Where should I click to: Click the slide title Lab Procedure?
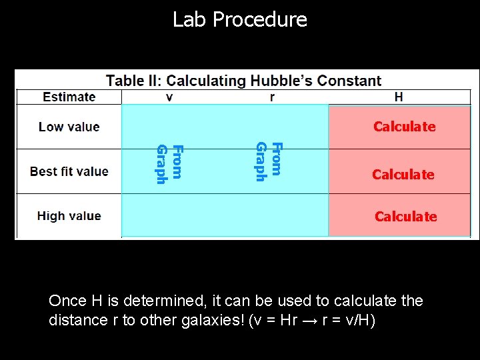[240, 19]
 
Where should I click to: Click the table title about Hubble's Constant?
[243, 81]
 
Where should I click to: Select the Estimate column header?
[69, 97]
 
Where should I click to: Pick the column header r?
[272, 97]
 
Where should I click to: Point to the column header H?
[399, 97]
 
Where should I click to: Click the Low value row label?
[69, 127]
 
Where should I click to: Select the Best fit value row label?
[69, 171]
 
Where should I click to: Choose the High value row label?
[69, 216]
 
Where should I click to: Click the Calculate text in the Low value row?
[404, 127]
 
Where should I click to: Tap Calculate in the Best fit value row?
[403, 175]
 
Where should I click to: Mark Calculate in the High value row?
[405, 217]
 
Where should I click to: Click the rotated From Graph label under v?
[169, 163]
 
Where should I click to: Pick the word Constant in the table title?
[349, 81]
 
